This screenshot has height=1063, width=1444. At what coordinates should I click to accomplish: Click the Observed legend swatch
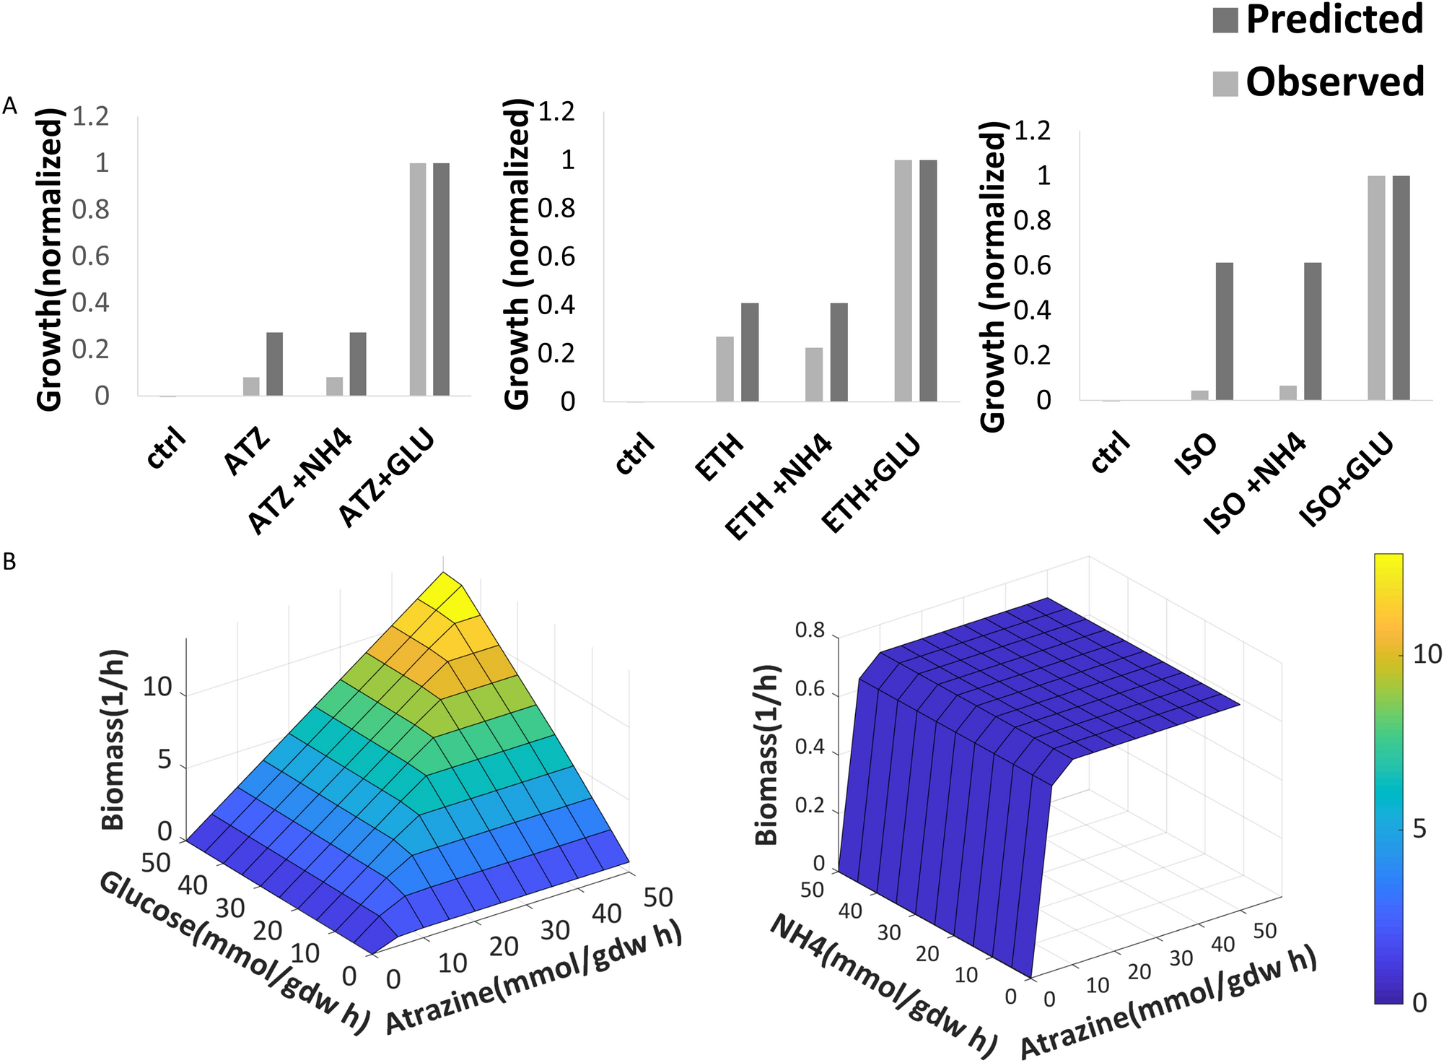(1225, 84)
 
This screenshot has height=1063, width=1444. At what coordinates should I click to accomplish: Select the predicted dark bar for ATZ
(274, 364)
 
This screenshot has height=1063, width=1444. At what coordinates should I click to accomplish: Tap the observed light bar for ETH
(725, 369)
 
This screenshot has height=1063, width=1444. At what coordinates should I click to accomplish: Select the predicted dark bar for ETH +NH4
(839, 352)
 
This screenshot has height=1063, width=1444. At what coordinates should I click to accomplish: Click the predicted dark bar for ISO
(1224, 331)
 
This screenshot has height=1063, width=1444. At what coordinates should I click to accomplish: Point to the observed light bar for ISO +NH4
(1288, 393)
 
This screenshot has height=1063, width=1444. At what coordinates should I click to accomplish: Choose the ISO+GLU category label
(1347, 480)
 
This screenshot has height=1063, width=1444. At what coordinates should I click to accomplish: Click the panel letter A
(9, 107)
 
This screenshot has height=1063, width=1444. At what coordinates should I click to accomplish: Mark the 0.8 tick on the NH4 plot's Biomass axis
(809, 630)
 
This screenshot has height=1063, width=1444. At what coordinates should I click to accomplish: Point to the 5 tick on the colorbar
(1419, 829)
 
